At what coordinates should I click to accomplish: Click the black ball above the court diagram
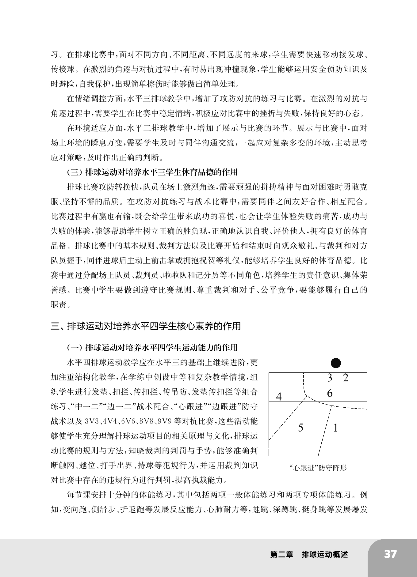tap(336, 363)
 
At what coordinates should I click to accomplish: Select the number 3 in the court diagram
tap(330, 378)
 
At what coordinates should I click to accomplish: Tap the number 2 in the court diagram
tap(346, 378)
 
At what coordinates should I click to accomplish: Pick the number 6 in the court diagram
tap(330, 393)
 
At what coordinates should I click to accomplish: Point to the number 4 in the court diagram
tap(279, 397)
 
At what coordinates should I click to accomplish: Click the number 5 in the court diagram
tap(300, 428)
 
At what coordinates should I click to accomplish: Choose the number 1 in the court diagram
tap(335, 428)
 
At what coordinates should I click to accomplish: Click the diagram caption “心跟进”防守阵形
tap(318, 468)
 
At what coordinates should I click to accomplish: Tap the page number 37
tap(390, 554)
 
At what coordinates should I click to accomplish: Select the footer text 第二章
tap(281, 554)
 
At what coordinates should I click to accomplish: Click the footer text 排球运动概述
tap(325, 554)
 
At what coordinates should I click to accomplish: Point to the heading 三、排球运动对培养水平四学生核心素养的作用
tap(146, 326)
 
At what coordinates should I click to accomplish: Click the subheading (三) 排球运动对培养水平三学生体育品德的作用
tap(152, 172)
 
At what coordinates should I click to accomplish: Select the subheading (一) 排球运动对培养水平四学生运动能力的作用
tap(152, 348)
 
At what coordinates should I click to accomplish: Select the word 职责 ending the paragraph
tap(58, 305)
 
